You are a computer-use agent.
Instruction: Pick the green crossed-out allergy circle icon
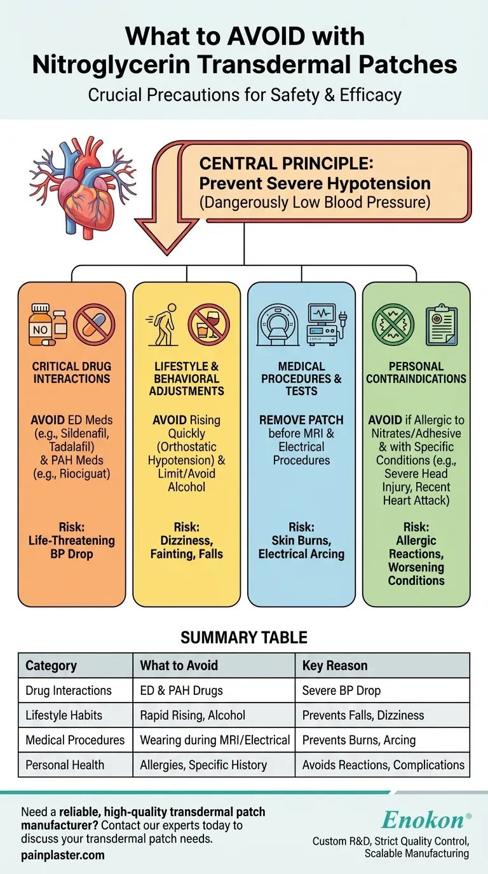tap(392, 325)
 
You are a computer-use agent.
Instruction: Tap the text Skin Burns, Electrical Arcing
tap(301, 547)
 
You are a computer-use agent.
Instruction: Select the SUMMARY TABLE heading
tap(244, 637)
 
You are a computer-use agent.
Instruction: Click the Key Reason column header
tap(335, 666)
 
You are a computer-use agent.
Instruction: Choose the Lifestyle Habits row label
tap(64, 715)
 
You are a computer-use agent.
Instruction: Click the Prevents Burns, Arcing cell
tap(358, 740)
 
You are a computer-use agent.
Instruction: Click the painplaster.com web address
tap(62, 855)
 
